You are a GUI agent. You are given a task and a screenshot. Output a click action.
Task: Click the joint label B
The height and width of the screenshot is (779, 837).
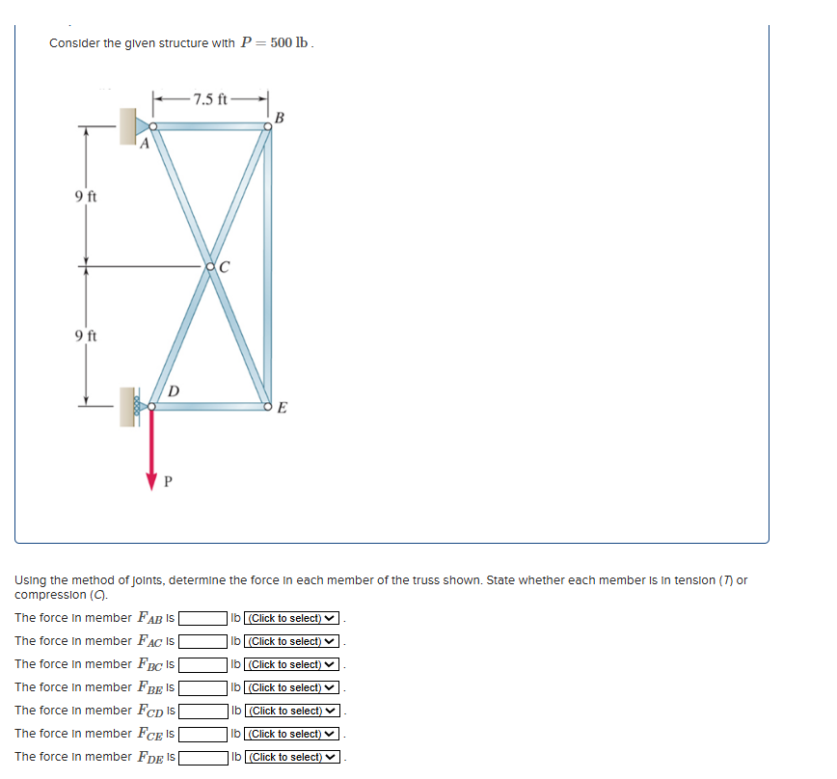point(280,118)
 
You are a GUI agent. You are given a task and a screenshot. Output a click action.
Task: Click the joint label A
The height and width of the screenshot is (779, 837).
point(144,146)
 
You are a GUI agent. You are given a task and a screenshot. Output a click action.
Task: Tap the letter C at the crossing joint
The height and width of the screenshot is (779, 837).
point(224,266)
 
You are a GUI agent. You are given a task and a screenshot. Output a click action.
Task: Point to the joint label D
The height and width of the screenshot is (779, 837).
point(173,391)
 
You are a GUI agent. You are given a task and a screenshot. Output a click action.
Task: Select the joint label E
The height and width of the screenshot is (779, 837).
point(282,408)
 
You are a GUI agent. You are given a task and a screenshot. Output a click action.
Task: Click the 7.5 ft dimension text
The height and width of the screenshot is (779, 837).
point(210,98)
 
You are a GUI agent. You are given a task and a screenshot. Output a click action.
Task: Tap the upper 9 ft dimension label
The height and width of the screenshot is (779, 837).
point(86,197)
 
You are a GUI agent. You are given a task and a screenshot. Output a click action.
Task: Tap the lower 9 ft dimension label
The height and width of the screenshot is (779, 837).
point(86,336)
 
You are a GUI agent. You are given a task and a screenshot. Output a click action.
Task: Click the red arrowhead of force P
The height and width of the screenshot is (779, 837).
point(151,479)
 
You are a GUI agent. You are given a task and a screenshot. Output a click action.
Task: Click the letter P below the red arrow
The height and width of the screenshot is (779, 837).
point(168,481)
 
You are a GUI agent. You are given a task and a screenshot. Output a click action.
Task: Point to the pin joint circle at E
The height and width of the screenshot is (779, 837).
point(269,408)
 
